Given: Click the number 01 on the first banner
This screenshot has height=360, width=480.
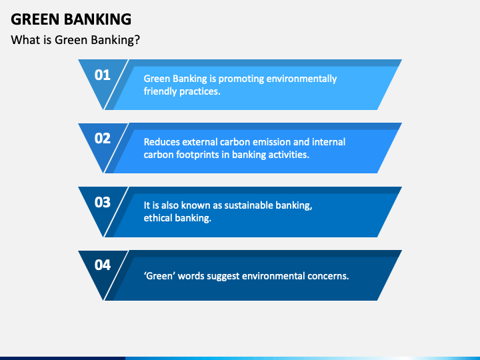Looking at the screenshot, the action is coord(102,75).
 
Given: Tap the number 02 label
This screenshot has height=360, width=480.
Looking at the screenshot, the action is coord(102,139).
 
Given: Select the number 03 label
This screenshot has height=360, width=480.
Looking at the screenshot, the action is coord(102,203).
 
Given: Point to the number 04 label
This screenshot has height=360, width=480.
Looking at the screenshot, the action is coord(102,265).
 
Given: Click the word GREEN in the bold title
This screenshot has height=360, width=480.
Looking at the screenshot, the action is coord(35,19).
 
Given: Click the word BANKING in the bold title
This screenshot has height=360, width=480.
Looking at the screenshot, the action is coord(97,19).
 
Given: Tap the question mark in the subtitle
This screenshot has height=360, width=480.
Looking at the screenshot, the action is coord(137,40).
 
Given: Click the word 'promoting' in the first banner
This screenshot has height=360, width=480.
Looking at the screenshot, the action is coord(241,79).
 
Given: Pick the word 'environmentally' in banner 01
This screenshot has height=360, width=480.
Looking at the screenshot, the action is coord(301,79).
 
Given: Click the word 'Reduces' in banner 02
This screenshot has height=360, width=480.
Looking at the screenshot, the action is coord(161,142).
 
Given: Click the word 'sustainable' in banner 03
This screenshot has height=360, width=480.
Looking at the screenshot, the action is coord(248,205).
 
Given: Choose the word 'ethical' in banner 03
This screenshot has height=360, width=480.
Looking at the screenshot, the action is coord(157,218).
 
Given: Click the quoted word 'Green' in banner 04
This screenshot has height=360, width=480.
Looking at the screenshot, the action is coord(159,276).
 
